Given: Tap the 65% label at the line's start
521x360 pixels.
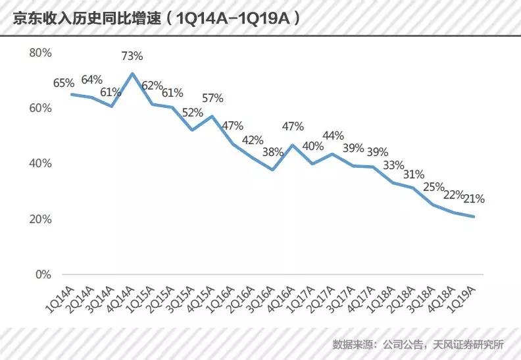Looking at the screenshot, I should coord(64,83).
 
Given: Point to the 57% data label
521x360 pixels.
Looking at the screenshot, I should coord(212,98).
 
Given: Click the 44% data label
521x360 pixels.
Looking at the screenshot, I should coord(333,136).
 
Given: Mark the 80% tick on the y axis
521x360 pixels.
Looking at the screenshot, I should coord(41,53).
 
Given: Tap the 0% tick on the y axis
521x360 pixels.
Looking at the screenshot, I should coord(43,274).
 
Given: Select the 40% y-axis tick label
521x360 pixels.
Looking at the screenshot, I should coord(41,163).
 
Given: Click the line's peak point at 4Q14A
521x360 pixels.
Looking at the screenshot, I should coord(132,73).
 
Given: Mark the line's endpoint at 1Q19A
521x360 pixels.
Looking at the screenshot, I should coord(474,217).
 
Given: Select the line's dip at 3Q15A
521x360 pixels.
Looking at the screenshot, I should coord(192,130).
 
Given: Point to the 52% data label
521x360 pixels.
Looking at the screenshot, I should coord(193,113).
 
